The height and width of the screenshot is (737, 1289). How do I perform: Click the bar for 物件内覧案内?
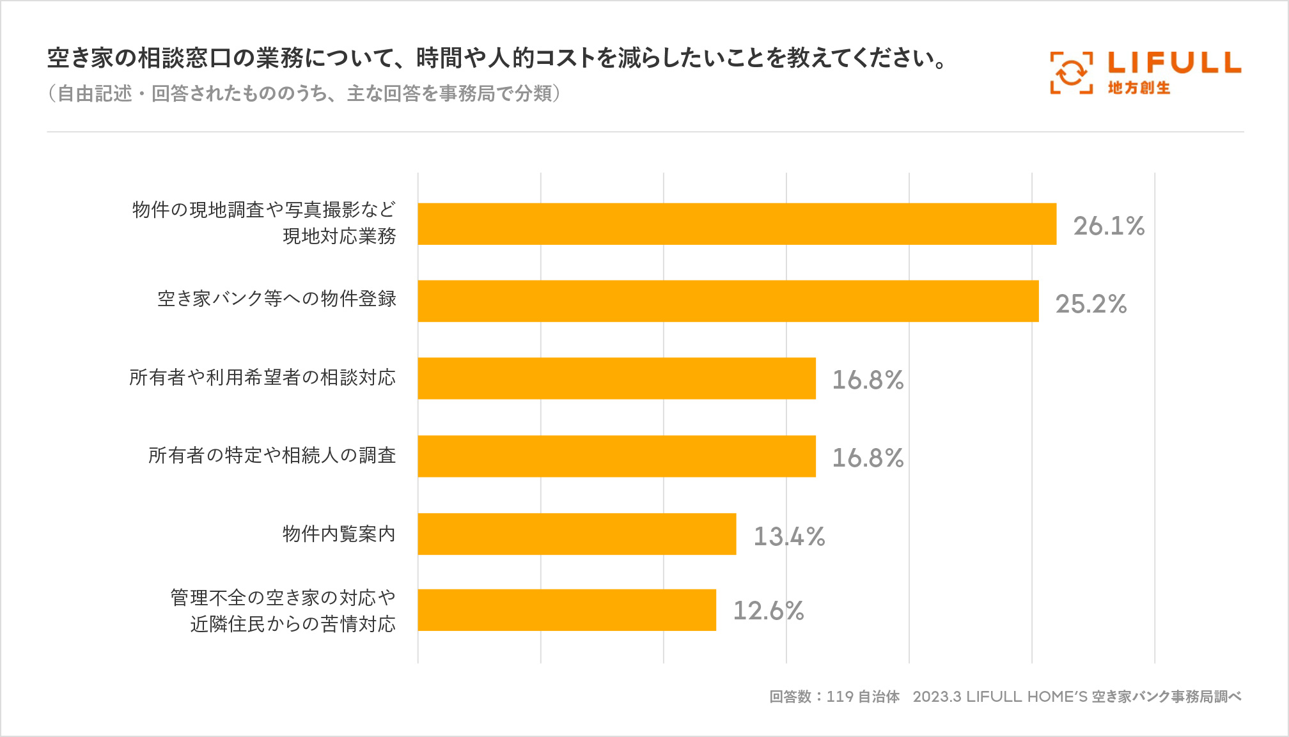(x=577, y=534)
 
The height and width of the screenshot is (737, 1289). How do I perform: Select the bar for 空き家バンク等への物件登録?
(x=728, y=301)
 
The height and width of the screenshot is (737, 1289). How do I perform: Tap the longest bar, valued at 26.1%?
(x=737, y=224)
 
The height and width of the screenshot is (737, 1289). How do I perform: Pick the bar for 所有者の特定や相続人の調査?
(x=616, y=456)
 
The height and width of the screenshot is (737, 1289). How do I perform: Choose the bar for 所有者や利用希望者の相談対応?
(x=616, y=378)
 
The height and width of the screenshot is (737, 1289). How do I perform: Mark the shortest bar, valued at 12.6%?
(x=566, y=610)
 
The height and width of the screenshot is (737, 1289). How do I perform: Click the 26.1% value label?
(x=1109, y=226)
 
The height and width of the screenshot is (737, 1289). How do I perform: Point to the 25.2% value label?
(x=1091, y=304)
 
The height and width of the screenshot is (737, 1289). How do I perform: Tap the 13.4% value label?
(x=789, y=536)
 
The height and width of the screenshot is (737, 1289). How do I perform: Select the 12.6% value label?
(x=768, y=610)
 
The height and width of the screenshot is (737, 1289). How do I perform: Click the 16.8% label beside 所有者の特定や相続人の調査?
(x=868, y=458)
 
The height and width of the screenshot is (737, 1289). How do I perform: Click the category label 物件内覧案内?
(x=339, y=534)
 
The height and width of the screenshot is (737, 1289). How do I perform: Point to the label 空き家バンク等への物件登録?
(x=277, y=299)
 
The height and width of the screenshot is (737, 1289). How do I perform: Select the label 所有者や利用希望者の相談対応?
(x=262, y=377)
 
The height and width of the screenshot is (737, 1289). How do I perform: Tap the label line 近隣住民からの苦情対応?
(x=293, y=624)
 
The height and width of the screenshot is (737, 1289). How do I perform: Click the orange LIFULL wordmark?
(x=1174, y=63)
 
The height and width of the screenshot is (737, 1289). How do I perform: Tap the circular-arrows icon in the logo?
(x=1071, y=73)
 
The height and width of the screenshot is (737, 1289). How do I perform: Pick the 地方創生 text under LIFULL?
(x=1139, y=88)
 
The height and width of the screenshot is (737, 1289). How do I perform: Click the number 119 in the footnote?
(x=840, y=696)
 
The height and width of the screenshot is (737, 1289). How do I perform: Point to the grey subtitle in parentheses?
(x=304, y=94)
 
